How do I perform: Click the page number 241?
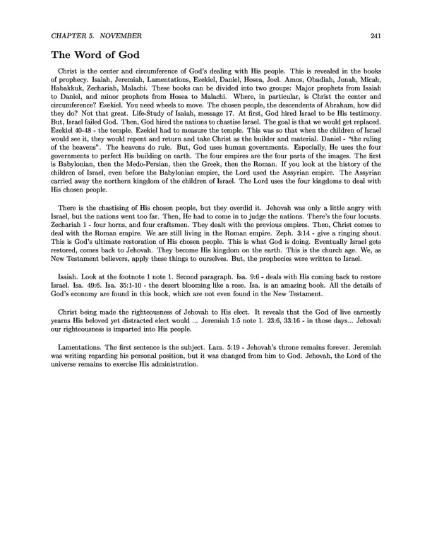click(x=374, y=36)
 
